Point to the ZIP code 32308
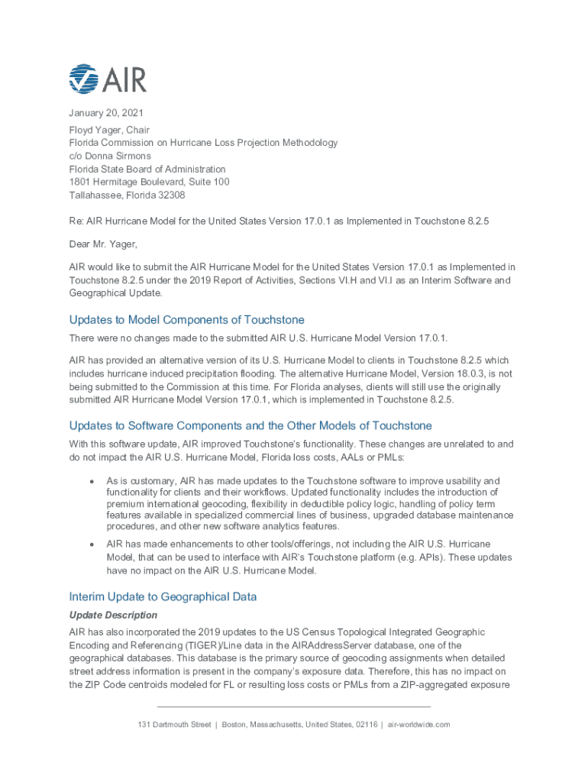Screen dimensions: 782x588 click(x=170, y=195)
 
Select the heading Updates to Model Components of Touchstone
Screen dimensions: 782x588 click(x=186, y=320)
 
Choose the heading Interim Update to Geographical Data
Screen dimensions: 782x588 click(x=163, y=596)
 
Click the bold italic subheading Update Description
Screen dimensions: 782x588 click(x=113, y=615)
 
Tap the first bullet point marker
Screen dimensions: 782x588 click(x=92, y=481)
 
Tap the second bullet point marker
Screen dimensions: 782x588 click(x=92, y=544)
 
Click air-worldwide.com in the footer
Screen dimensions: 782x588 click(x=418, y=724)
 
